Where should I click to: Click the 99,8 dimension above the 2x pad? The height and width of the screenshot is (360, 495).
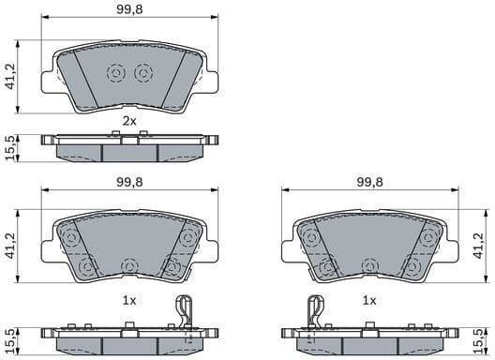click(129, 12)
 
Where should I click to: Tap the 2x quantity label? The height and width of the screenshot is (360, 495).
click(129, 122)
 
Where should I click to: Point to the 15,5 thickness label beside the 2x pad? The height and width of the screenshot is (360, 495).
click(9, 147)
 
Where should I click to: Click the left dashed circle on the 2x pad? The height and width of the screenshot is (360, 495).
click(116, 72)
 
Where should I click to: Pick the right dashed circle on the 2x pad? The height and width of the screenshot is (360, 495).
click(142, 72)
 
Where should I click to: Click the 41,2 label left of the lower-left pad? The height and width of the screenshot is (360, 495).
click(9, 247)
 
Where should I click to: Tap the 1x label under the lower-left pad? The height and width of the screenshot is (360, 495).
click(129, 300)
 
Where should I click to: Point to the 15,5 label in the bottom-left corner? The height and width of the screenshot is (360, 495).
click(9, 338)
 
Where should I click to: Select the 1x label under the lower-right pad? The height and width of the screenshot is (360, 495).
click(369, 300)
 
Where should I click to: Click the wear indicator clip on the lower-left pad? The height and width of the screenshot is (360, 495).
click(186, 314)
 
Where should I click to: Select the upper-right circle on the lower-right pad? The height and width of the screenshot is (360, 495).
click(430, 235)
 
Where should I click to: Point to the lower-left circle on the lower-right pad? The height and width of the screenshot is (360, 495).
click(327, 268)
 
